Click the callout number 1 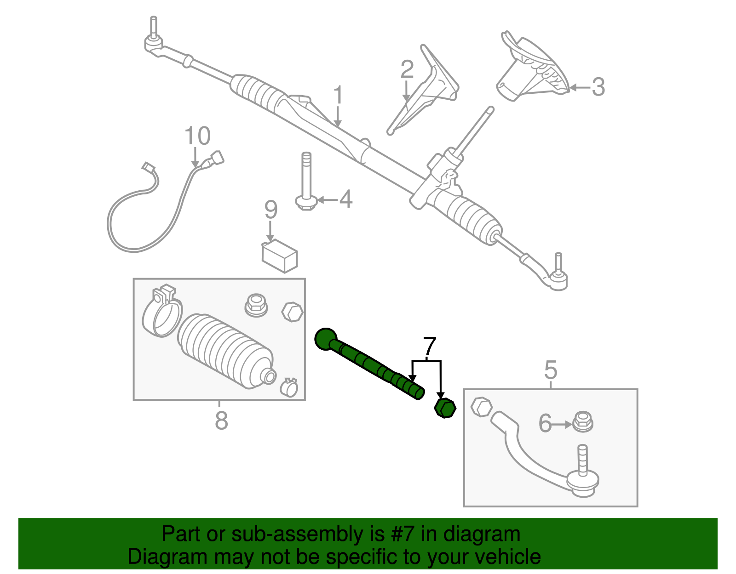coord(338,95)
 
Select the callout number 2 coord(407,69)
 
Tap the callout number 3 coord(598,86)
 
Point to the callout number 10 coord(197,136)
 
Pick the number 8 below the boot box coord(221,420)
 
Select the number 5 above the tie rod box coord(550,370)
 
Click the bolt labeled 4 coord(306,182)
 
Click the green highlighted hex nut coord(445,408)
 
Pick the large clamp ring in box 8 coord(161,315)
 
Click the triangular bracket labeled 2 coord(425,92)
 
